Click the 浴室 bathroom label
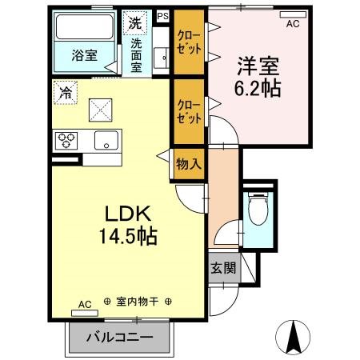pos(84,55)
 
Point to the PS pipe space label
pos(162,15)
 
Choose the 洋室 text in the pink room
pos(257,63)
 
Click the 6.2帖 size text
pos(257,87)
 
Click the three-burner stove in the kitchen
pos(66,141)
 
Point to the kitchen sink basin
pos(104,142)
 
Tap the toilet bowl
pos(257,210)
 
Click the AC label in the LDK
pos(85,304)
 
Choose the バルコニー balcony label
pos(119,338)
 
